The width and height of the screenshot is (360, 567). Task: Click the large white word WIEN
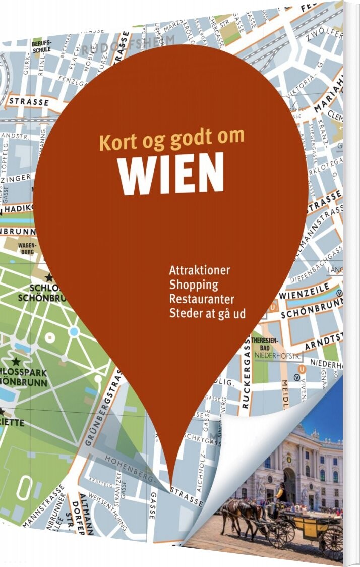pos(171,172)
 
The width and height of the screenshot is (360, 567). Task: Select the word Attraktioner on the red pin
pos(200,270)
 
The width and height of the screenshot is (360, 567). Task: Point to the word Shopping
pos(194,285)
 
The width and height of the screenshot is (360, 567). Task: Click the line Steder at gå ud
pos(207,313)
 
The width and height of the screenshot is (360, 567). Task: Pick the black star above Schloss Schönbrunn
pos(49,278)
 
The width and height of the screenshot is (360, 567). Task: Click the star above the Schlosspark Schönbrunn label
pos(17,361)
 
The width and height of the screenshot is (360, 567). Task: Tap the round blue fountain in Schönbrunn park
pos(74,331)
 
